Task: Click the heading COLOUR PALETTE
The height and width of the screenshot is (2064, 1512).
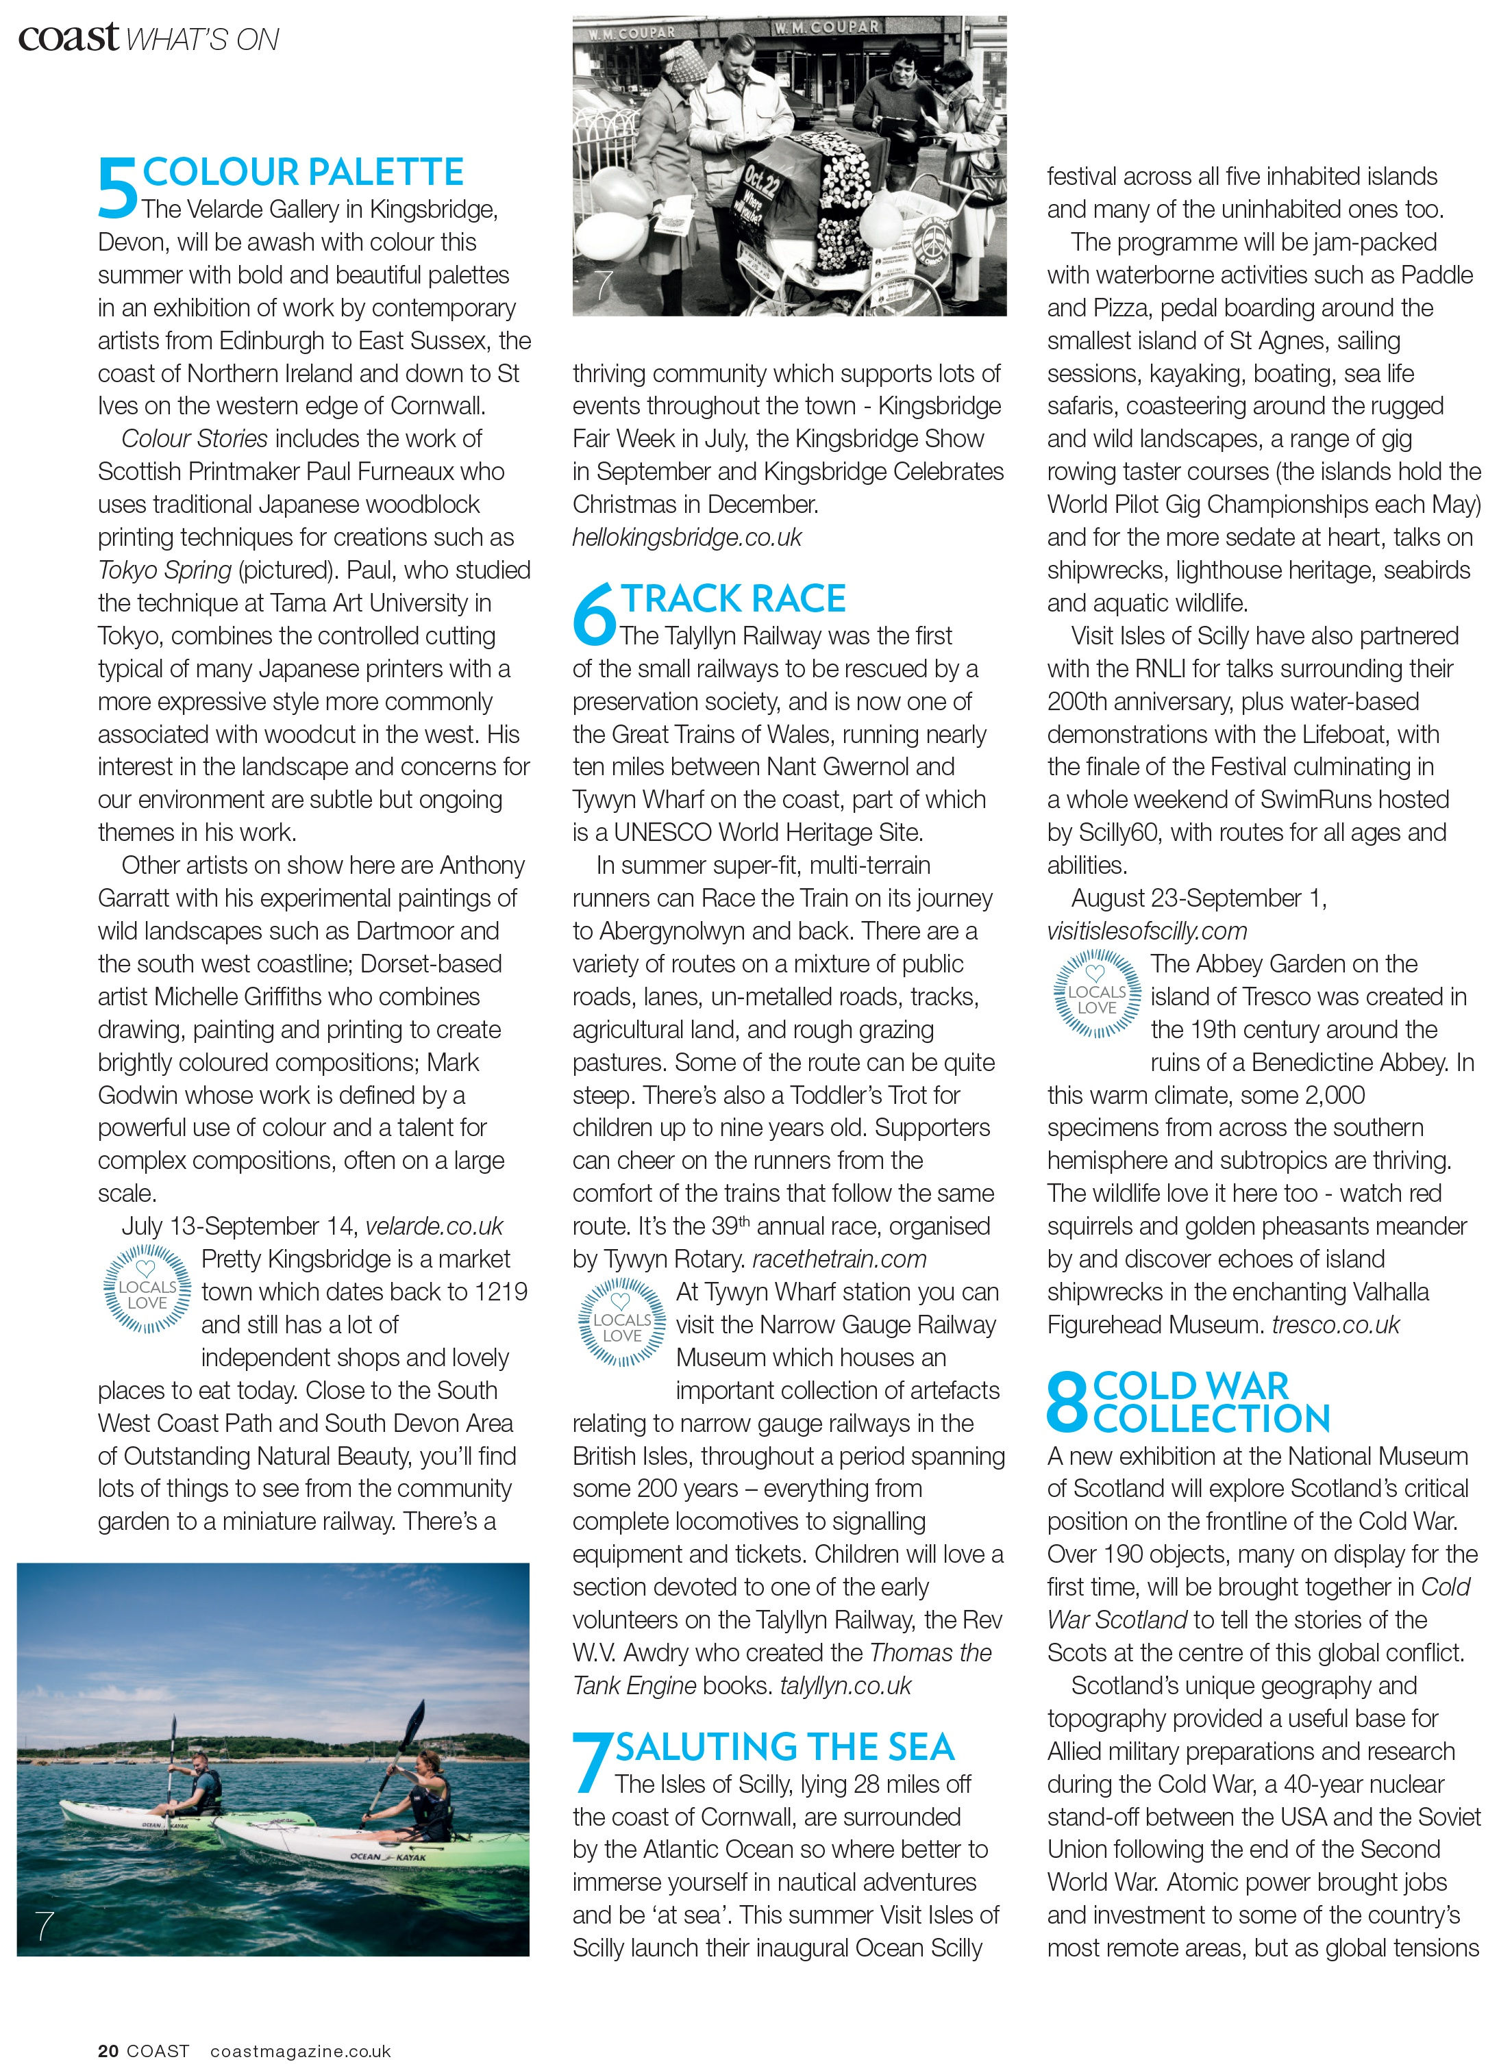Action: pyautogui.click(x=303, y=172)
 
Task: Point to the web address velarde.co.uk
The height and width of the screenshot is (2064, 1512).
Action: pyautogui.click(x=435, y=1226)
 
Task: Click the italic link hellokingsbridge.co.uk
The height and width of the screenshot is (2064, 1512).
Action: pyautogui.click(x=686, y=537)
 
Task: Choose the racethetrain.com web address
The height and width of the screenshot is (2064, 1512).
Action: pyautogui.click(x=839, y=1259)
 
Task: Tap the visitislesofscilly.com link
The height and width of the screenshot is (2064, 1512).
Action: pyautogui.click(x=1147, y=931)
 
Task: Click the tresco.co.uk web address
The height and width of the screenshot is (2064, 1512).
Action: pyautogui.click(x=1335, y=1325)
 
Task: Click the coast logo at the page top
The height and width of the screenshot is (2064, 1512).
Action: pyautogui.click(x=69, y=38)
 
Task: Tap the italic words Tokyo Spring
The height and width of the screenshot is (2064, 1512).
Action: pyautogui.click(x=164, y=570)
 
